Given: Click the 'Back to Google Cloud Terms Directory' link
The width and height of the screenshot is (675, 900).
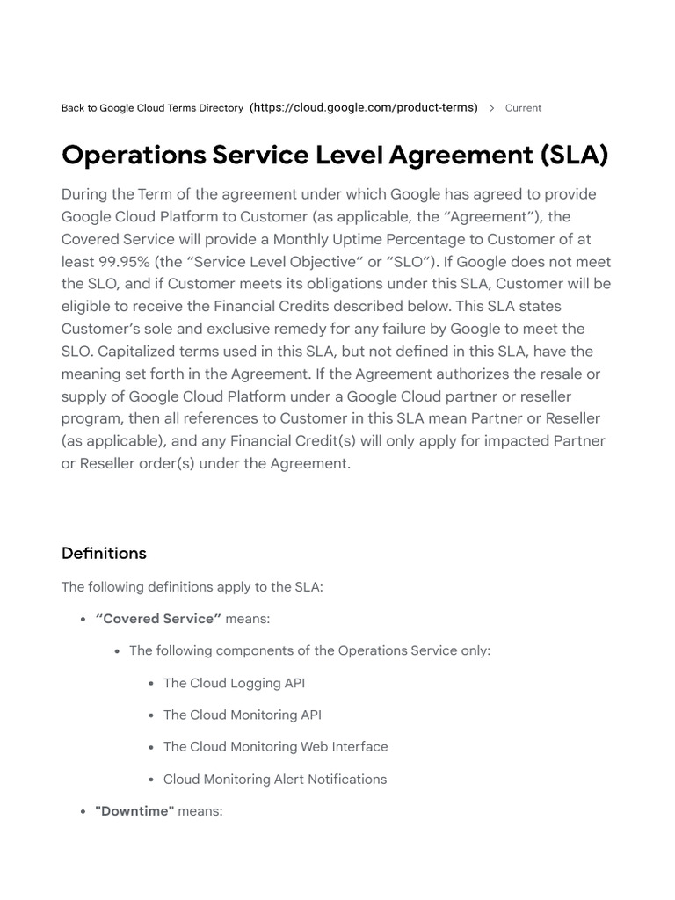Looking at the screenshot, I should point(152,108).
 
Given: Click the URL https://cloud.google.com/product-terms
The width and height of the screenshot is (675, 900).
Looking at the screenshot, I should point(364,107).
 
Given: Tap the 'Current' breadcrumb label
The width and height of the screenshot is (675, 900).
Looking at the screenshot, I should point(523,108).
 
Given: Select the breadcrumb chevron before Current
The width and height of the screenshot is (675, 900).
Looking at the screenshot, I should point(491,108).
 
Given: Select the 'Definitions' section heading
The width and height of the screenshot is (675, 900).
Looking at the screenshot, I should point(104,553).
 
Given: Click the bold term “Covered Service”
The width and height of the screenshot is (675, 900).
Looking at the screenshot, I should point(158,619).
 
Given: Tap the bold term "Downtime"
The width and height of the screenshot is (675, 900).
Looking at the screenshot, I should point(134,811).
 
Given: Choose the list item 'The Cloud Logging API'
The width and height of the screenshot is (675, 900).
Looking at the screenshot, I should point(234,683).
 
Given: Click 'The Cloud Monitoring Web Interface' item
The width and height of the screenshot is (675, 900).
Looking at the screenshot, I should point(275,746).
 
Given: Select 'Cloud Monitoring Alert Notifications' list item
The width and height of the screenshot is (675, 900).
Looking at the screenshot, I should point(275,779).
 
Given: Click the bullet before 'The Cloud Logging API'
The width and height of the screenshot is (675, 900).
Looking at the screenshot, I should point(152,684).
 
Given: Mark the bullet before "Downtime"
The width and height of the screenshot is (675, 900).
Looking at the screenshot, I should point(83,812).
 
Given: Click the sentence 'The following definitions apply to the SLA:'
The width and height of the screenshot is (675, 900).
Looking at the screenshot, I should point(192,586).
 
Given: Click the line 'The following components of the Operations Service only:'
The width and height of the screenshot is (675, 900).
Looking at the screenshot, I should point(309,650).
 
